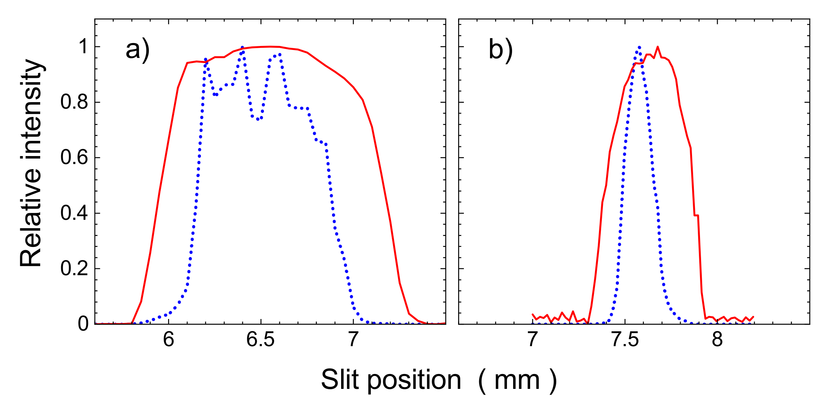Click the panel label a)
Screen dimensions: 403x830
point(137,50)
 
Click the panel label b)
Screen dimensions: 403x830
point(501,50)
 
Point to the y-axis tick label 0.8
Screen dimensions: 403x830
point(74,102)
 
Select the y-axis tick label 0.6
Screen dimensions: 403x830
point(74,158)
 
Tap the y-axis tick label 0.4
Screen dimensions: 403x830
point(74,213)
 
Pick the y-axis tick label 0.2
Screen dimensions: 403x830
point(74,268)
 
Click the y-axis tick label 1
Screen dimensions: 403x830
point(83,47)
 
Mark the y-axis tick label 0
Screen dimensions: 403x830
point(83,324)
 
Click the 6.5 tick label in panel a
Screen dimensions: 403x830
point(260,340)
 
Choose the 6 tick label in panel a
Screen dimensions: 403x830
point(168,340)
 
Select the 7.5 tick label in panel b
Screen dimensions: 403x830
point(625,340)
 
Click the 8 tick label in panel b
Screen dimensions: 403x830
point(717,340)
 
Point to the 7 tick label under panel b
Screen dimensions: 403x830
point(532,340)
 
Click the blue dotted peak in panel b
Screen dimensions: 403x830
point(639,47)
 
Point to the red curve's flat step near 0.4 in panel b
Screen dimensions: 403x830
point(696,215)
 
